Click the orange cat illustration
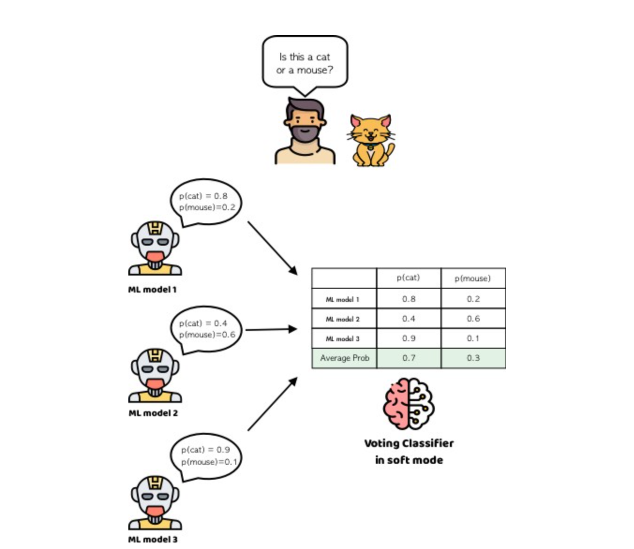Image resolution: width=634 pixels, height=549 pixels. pyautogui.click(x=371, y=140)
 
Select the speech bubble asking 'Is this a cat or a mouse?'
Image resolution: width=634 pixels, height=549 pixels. pyautogui.click(x=305, y=63)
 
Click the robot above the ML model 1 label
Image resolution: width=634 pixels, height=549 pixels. pyautogui.click(x=155, y=248)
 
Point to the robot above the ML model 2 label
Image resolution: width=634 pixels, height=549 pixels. pyautogui.click(x=155, y=375)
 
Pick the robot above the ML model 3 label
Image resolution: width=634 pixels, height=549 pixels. pyautogui.click(x=155, y=503)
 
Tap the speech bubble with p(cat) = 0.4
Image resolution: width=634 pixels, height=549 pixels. pyautogui.click(x=206, y=329)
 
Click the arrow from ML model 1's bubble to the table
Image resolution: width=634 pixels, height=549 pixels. pyautogui.click(x=272, y=248)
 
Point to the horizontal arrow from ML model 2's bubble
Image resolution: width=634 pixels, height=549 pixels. pyautogui.click(x=271, y=329)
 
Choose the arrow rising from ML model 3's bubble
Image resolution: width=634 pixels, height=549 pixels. pyautogui.click(x=272, y=404)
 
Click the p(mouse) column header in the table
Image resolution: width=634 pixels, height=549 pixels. pyautogui.click(x=473, y=278)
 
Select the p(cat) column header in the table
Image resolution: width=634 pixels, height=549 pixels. pyautogui.click(x=408, y=278)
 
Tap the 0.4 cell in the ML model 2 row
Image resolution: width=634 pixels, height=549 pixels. pyautogui.click(x=409, y=319)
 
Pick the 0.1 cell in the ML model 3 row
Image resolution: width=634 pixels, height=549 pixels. pyautogui.click(x=473, y=338)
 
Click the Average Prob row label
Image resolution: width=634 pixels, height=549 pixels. pyautogui.click(x=344, y=358)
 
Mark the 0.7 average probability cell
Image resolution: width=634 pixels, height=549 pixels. pyautogui.click(x=409, y=358)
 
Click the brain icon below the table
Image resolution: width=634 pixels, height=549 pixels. pyautogui.click(x=409, y=404)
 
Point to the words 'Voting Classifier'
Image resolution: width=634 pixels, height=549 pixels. pyautogui.click(x=409, y=443)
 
